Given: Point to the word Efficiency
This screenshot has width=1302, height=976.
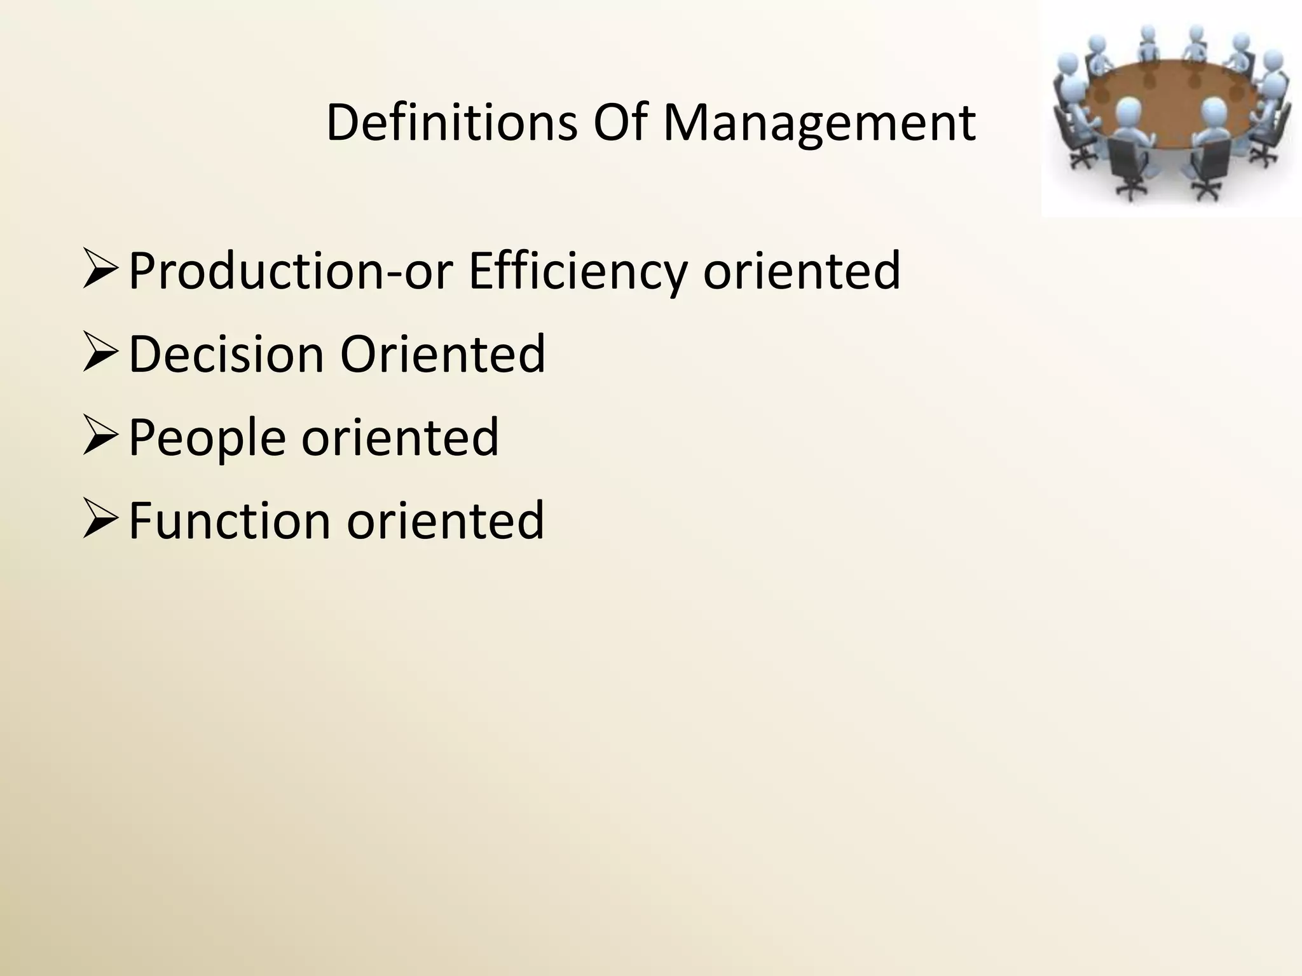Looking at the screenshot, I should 578,272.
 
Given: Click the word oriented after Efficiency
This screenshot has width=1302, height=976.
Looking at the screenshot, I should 801,271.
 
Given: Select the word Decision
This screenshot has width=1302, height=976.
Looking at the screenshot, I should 226,354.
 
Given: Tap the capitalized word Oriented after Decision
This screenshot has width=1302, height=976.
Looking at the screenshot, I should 442,354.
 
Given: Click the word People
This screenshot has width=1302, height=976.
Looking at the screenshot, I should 207,438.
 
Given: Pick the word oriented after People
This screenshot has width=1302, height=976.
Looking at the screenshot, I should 400,437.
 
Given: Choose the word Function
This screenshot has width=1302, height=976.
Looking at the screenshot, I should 230,520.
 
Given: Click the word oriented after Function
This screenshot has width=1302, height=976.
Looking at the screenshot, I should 445,520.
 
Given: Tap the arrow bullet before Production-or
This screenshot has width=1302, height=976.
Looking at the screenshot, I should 100,269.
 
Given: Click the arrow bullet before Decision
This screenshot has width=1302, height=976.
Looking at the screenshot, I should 100,353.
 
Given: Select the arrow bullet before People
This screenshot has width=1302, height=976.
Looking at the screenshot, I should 100,437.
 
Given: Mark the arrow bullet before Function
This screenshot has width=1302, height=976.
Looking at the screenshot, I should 100,520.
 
